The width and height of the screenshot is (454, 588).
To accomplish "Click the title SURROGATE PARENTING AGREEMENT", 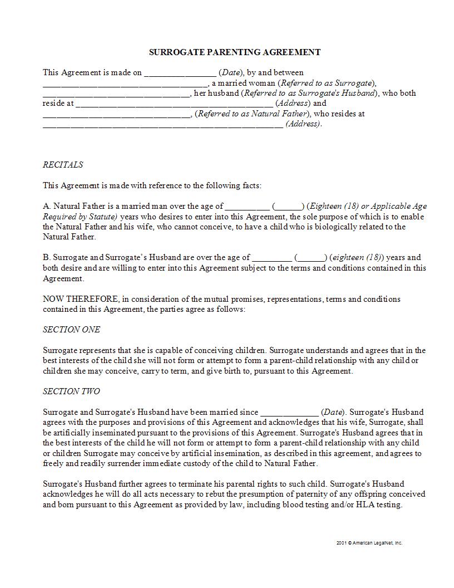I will click(235, 52).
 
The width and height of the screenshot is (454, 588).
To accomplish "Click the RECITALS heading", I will click(63, 165).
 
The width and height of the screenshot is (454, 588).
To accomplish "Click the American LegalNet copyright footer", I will click(369, 543).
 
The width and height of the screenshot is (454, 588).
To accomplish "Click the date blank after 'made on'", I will click(180, 73).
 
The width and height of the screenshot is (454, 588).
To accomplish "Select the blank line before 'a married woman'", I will click(125, 84).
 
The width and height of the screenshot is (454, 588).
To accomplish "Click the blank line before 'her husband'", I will click(116, 94).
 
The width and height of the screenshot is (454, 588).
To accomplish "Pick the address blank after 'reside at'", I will click(174, 104).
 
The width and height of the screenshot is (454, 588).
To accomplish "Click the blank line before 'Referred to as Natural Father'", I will click(116, 114).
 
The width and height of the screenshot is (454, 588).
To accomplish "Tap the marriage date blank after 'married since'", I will click(289, 413).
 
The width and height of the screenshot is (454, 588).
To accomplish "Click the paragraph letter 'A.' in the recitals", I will click(47, 206).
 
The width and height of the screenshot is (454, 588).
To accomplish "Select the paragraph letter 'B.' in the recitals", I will click(47, 257).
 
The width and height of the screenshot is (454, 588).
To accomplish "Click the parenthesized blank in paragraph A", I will click(288, 207).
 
